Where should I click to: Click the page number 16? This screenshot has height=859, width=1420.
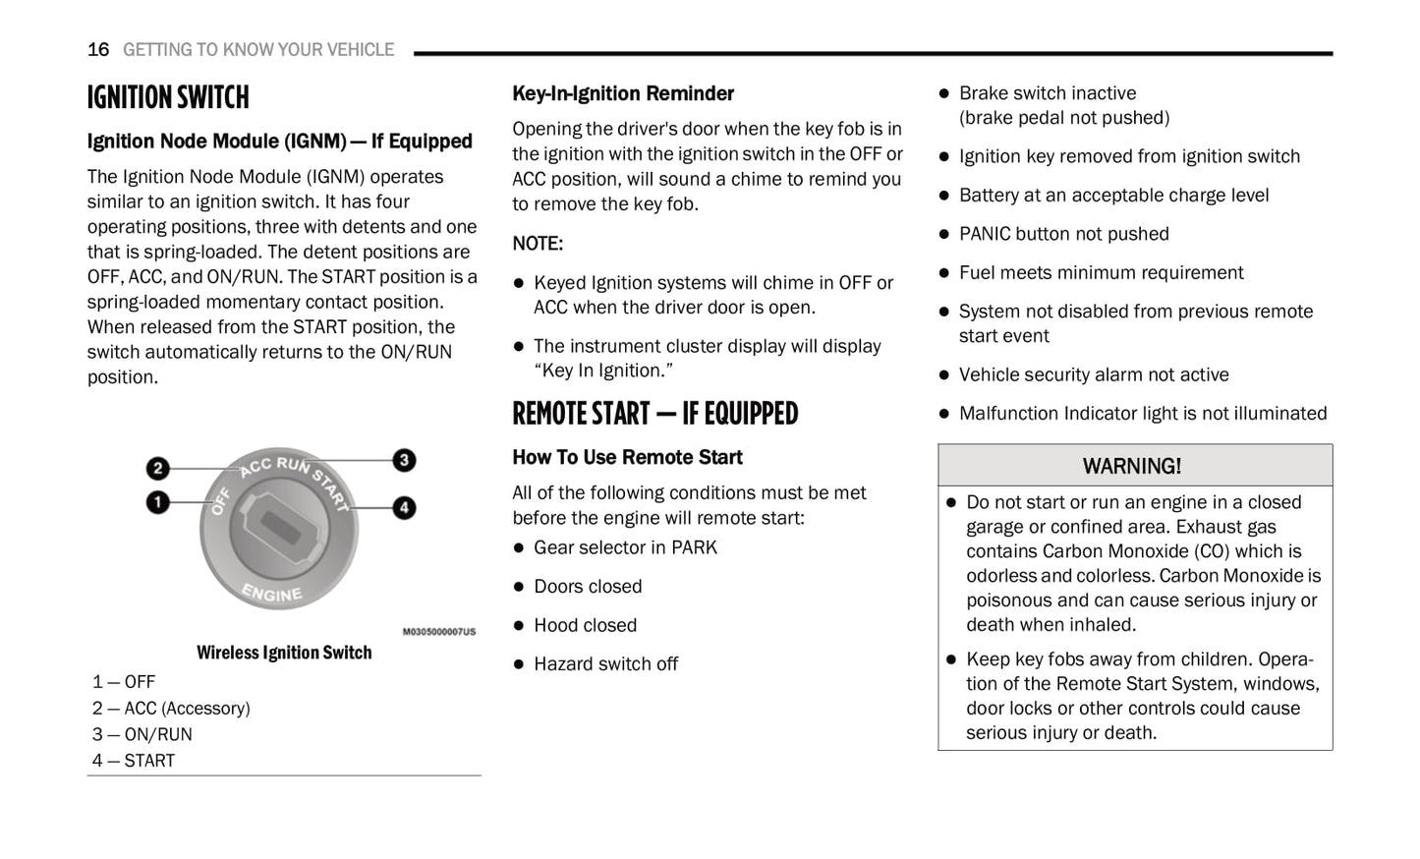[98, 49]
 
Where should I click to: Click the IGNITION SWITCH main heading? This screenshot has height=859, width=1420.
[168, 97]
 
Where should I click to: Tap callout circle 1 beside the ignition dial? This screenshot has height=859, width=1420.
[157, 502]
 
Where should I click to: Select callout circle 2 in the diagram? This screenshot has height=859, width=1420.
[157, 469]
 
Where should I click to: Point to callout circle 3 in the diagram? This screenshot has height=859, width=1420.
[404, 460]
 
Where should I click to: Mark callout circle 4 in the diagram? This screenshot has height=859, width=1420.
[404, 508]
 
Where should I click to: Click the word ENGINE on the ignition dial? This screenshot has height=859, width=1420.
[272, 593]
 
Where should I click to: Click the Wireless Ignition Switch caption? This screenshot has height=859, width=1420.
[284, 653]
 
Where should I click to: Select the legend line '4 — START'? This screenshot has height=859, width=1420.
[134, 761]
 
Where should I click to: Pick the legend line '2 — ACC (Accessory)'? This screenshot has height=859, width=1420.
[171, 709]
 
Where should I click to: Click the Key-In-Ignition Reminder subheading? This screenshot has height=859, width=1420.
[623, 93]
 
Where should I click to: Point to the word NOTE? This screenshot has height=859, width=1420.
[538, 244]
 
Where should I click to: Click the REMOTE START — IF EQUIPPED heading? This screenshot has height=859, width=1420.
[654, 414]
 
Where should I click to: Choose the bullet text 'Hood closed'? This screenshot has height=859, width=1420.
[585, 625]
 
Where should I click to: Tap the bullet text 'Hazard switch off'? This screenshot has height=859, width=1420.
[605, 664]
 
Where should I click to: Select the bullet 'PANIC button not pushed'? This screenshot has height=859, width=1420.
[1063, 234]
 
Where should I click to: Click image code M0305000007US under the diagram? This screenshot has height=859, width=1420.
[438, 632]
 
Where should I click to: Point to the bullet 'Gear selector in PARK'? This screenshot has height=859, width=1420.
[625, 547]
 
